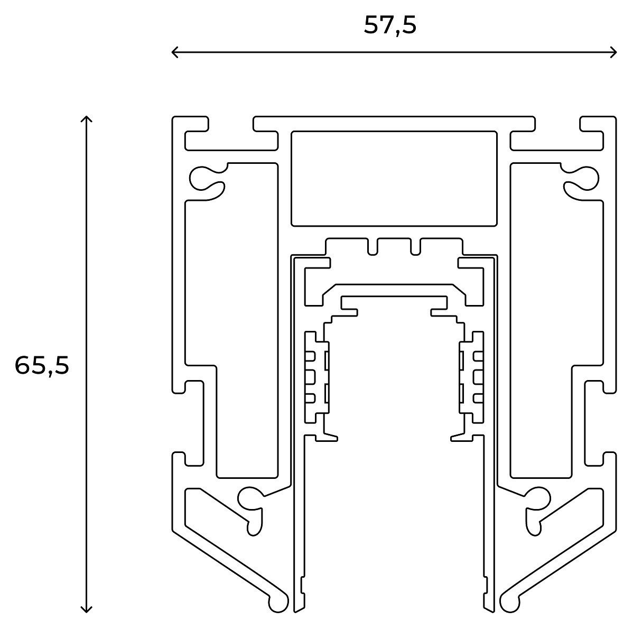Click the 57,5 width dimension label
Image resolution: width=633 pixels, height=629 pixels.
[x=390, y=25]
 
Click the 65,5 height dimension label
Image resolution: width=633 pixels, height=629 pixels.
[x=42, y=366]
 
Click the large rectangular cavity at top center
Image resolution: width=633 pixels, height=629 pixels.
[x=394, y=179]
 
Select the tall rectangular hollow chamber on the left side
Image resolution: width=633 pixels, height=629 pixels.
[x=232, y=321]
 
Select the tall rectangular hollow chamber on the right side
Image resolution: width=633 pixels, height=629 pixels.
[x=556, y=321]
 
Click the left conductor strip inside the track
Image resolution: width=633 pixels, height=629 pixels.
[x=317, y=377]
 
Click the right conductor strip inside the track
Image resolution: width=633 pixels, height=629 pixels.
[x=471, y=377]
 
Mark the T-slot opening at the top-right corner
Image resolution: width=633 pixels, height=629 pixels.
[x=557, y=124]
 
